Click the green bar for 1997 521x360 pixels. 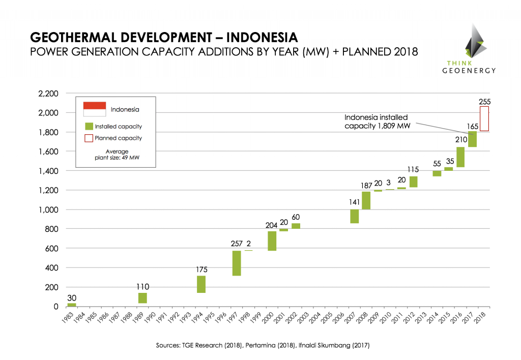point(237,263)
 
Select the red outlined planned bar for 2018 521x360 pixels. point(484,118)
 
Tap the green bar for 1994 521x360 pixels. point(201,284)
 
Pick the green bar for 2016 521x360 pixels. point(460,157)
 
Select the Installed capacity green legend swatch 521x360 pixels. point(89,126)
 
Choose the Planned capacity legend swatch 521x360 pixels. point(89,138)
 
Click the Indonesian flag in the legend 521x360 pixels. point(94,108)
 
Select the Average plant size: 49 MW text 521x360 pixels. point(117,155)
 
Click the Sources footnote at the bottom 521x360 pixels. point(263,345)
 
